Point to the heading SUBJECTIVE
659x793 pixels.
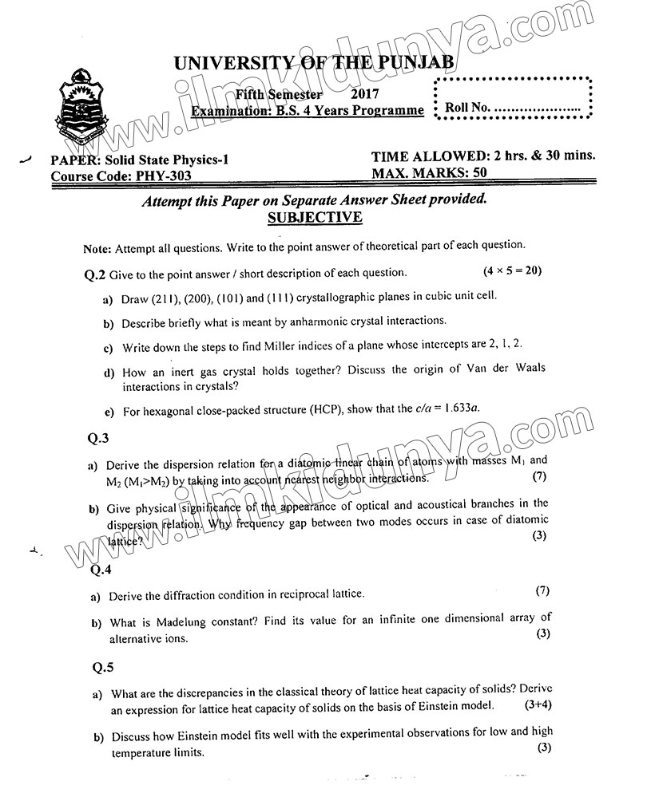click(316, 218)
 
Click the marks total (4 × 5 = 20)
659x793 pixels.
click(513, 270)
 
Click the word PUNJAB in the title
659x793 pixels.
click(409, 61)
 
